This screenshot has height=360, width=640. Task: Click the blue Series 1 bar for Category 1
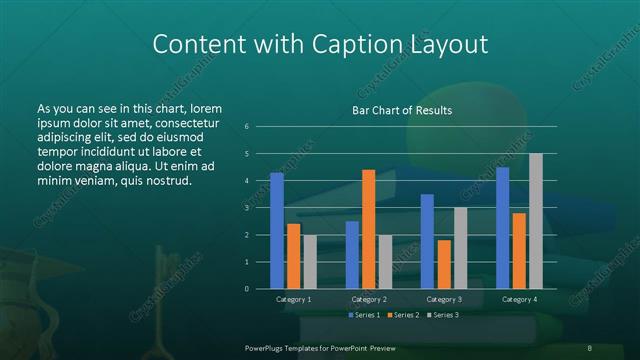(x=277, y=231)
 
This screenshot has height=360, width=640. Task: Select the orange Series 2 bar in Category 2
(x=369, y=229)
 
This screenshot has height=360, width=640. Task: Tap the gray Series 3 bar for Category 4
(x=536, y=221)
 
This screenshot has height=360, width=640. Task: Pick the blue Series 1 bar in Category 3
(x=427, y=241)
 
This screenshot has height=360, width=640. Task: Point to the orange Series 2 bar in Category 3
(x=444, y=264)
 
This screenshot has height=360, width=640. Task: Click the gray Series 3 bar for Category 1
(x=310, y=261)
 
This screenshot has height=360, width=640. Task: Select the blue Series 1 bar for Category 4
(x=502, y=228)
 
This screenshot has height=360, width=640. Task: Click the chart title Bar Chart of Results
(x=403, y=110)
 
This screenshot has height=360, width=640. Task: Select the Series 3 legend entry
(x=443, y=315)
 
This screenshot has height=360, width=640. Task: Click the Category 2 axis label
(x=369, y=300)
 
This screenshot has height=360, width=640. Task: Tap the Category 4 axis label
(x=519, y=300)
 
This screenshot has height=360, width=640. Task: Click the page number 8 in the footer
(x=589, y=347)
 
